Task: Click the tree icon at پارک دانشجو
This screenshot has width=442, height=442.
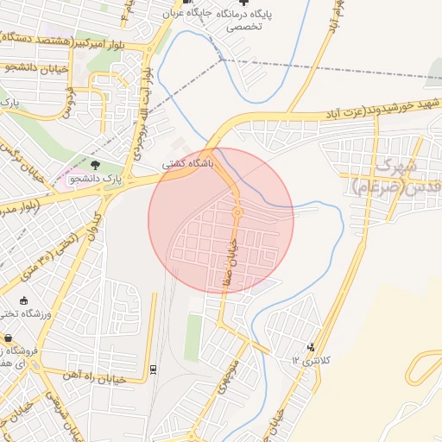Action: [x=95, y=164]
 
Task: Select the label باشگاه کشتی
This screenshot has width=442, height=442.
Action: [x=184, y=162]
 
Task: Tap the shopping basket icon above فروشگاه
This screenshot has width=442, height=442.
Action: [x=8, y=338]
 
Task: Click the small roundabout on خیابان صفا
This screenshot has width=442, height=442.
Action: [x=237, y=212]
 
